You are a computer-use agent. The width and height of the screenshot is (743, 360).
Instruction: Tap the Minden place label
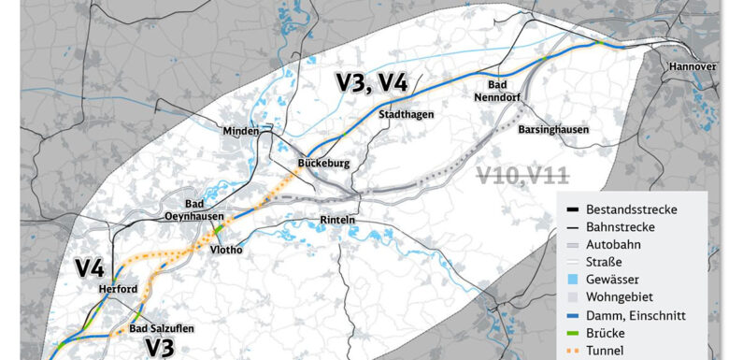239,132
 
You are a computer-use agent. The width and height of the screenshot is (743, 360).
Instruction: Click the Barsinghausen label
553,129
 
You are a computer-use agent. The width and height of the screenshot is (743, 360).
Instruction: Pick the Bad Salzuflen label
151,327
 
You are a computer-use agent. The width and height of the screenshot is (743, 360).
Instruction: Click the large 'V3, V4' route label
371,83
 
